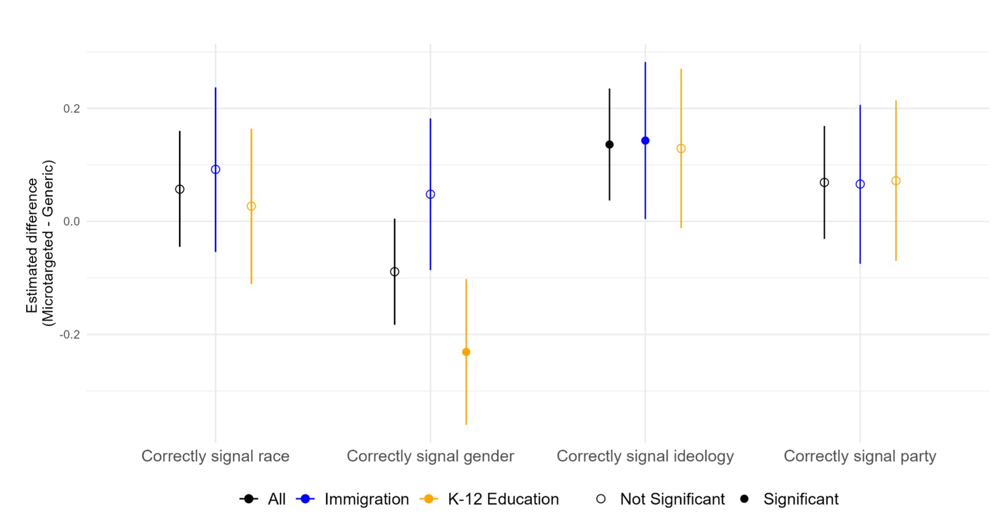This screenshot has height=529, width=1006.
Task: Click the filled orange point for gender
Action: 466,352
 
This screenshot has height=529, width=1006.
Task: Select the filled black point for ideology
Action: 609,144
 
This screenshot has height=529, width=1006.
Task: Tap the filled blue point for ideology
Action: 645,140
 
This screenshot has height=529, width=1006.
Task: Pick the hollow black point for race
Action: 180,189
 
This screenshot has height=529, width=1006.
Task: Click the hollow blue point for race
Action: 215,169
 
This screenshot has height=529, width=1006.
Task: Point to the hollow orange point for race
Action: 251,206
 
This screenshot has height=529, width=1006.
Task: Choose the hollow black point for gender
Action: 395,272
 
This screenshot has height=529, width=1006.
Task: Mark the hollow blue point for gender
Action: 431,194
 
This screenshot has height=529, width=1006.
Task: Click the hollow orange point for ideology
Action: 681,148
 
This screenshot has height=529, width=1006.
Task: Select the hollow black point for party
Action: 824,182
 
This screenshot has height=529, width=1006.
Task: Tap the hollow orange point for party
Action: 896,181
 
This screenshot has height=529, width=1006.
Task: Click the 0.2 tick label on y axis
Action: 72,109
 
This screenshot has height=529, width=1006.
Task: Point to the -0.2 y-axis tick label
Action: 70,334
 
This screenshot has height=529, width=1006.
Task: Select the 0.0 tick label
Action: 72,222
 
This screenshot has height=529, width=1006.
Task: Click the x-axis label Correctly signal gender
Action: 430,456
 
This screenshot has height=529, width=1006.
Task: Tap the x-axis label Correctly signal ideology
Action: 645,456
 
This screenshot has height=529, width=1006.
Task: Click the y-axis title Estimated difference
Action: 32,246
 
